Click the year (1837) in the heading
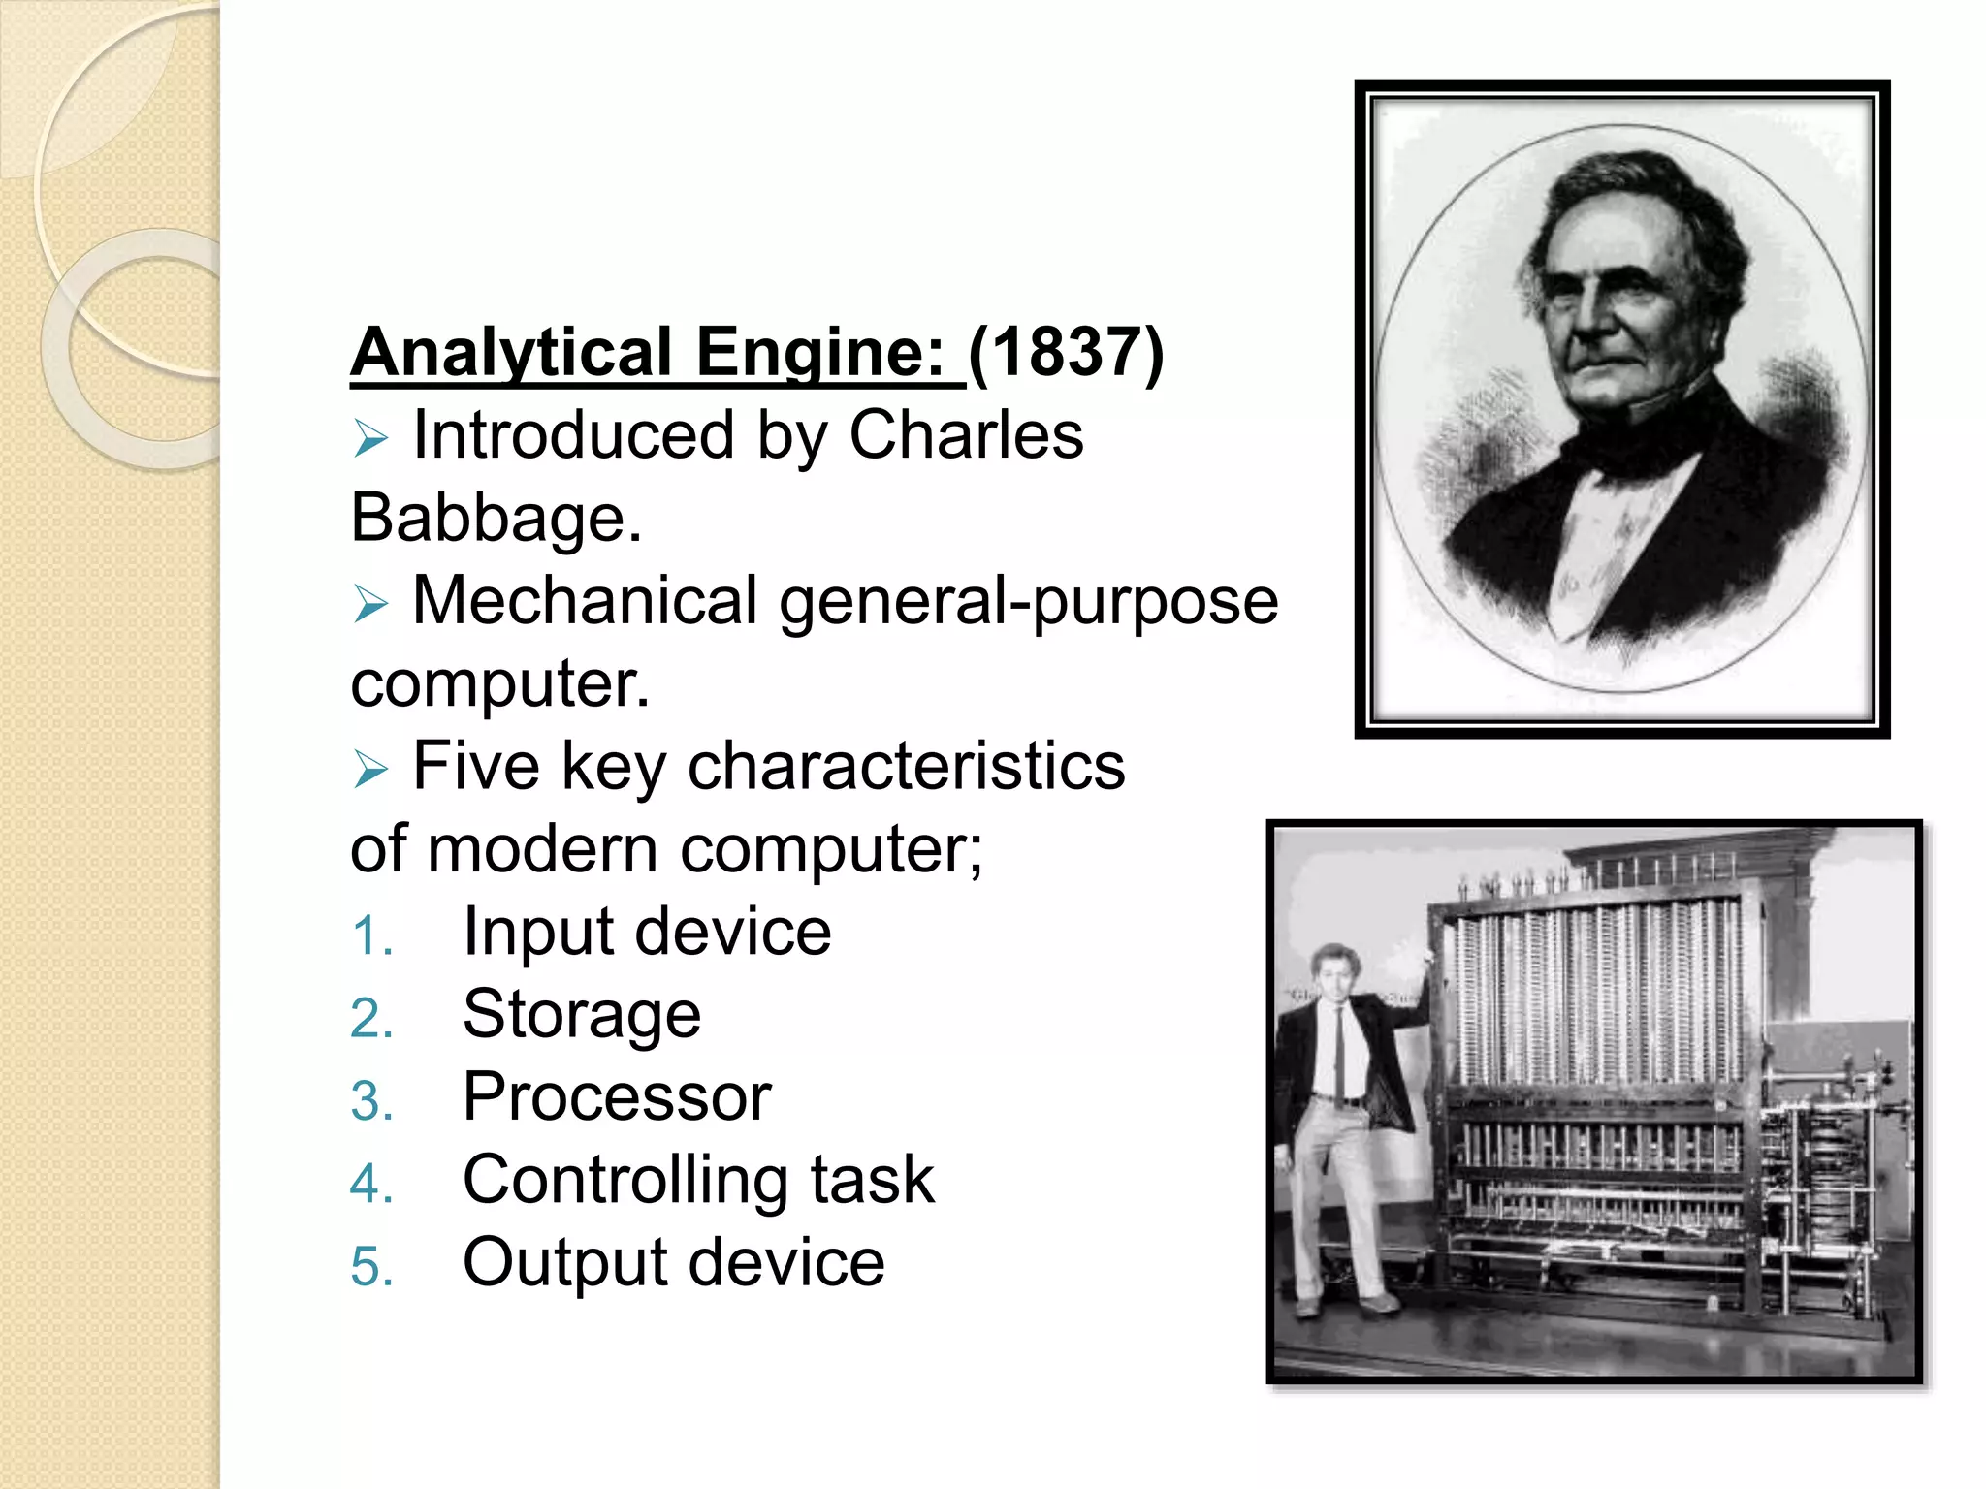[x=1066, y=352]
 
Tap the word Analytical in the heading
[x=511, y=352]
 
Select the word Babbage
[x=495, y=519]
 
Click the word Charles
[x=966, y=435]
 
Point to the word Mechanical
[x=585, y=601]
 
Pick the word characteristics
[x=906, y=767]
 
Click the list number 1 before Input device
[x=370, y=937]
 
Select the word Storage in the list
[x=582, y=1015]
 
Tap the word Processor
[x=617, y=1097]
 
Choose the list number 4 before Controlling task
[x=371, y=1185]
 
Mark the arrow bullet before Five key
[x=370, y=770]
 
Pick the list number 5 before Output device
[x=371, y=1267]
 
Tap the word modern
[x=542, y=849]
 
